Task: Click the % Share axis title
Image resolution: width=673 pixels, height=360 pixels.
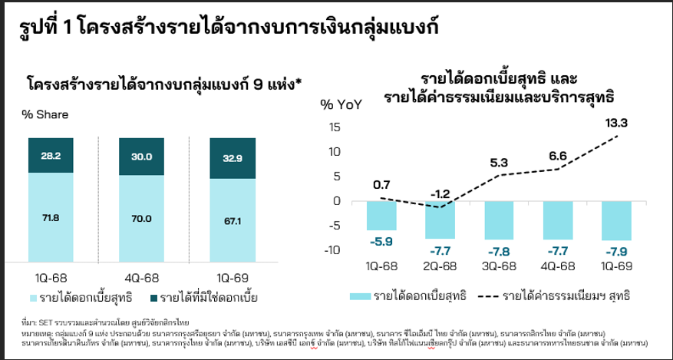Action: [45, 114]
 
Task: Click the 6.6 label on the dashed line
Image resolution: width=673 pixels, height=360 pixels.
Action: [558, 157]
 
